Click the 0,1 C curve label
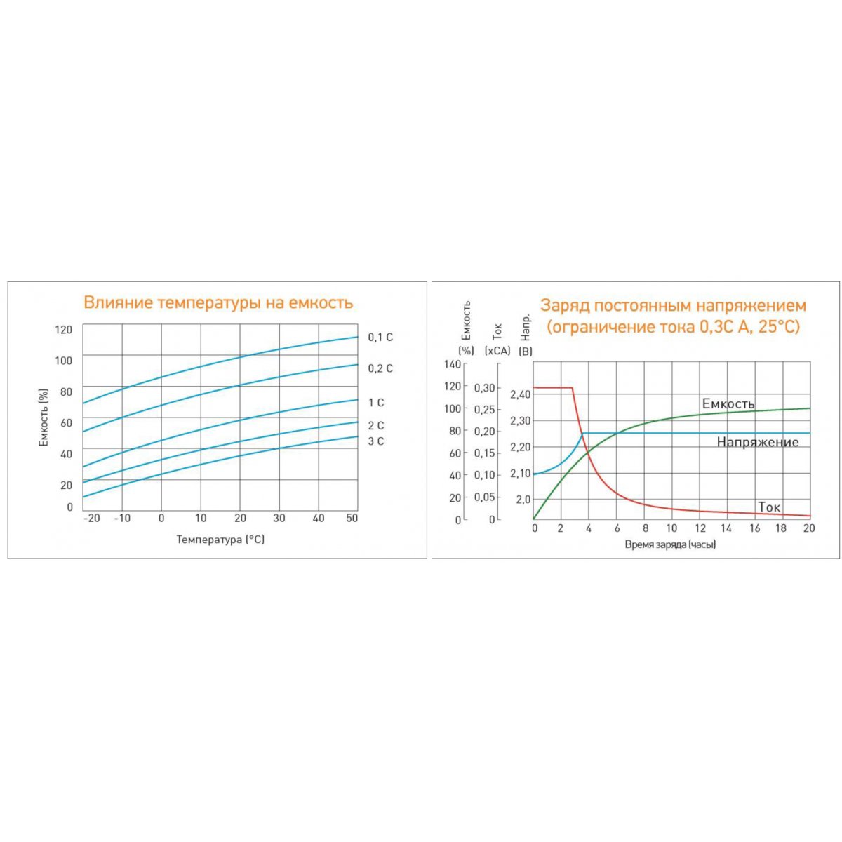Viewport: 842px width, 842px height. tap(380, 338)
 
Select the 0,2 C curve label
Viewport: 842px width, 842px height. tap(380, 368)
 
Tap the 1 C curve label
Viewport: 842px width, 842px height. tap(376, 403)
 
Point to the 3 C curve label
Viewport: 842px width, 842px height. tap(376, 441)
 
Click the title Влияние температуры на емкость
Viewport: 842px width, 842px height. tap(218, 302)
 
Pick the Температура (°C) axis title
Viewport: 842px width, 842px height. tap(220, 540)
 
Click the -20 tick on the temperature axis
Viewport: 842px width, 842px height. tap(91, 519)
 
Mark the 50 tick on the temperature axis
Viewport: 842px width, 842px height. tap(352, 519)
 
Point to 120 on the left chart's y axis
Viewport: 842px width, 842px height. tap(64, 330)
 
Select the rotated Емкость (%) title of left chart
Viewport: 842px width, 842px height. tap(44, 417)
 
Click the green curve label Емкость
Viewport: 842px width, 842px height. tap(728, 404)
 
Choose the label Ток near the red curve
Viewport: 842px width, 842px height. tap(769, 507)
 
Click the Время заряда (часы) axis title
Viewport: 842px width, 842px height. tap(670, 544)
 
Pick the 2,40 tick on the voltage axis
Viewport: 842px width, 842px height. tap(521, 394)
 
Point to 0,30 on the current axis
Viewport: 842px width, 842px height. tap(484, 387)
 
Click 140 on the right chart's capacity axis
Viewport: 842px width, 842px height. tap(452, 363)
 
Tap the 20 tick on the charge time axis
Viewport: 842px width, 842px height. tap(809, 528)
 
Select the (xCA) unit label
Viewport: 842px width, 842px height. tap(497, 351)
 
